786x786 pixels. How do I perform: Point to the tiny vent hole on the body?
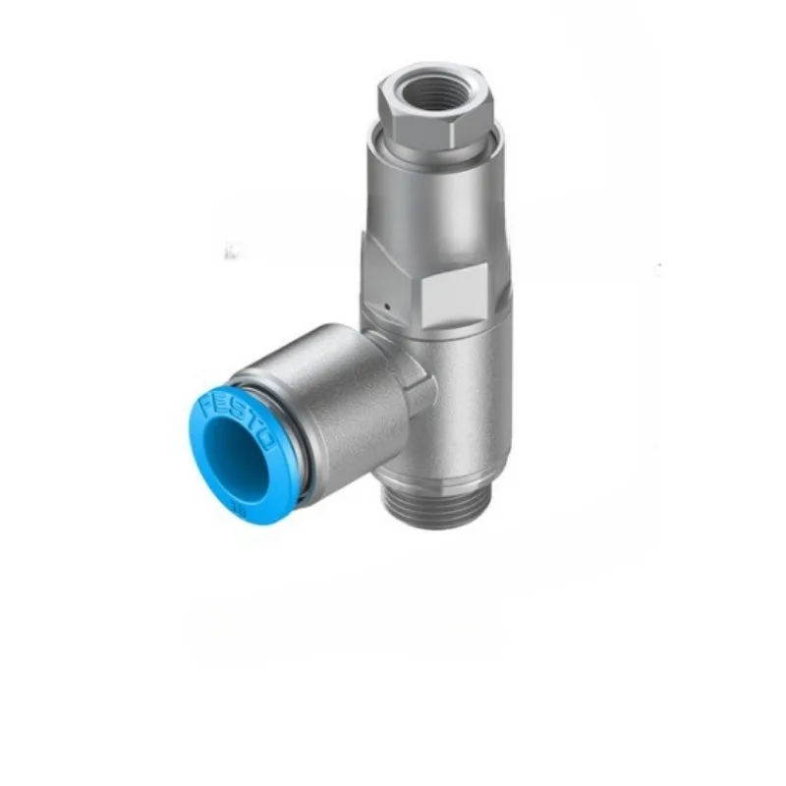(x=389, y=306)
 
